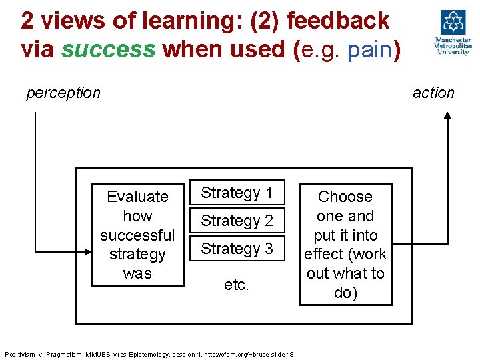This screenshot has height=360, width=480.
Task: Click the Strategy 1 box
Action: pyautogui.click(x=237, y=193)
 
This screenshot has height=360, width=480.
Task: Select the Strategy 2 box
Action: pyautogui.click(x=237, y=221)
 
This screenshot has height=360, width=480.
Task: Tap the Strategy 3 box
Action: pyautogui.click(x=237, y=249)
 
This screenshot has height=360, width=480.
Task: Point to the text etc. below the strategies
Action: pyautogui.click(x=237, y=285)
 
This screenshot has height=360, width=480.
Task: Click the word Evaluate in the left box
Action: pyautogui.click(x=137, y=197)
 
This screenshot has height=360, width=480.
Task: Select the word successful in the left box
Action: pyautogui.click(x=137, y=235)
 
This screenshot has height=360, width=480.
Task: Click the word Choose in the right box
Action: pyautogui.click(x=345, y=197)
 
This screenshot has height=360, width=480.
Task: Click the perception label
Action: pyautogui.click(x=63, y=93)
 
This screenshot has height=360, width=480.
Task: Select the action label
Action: pyautogui.click(x=433, y=93)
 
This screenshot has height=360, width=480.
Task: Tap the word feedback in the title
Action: pyautogui.click(x=337, y=21)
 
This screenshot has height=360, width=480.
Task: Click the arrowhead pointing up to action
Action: pyautogui.click(x=447, y=115)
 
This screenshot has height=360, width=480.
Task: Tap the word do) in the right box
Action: pyautogui.click(x=345, y=293)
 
